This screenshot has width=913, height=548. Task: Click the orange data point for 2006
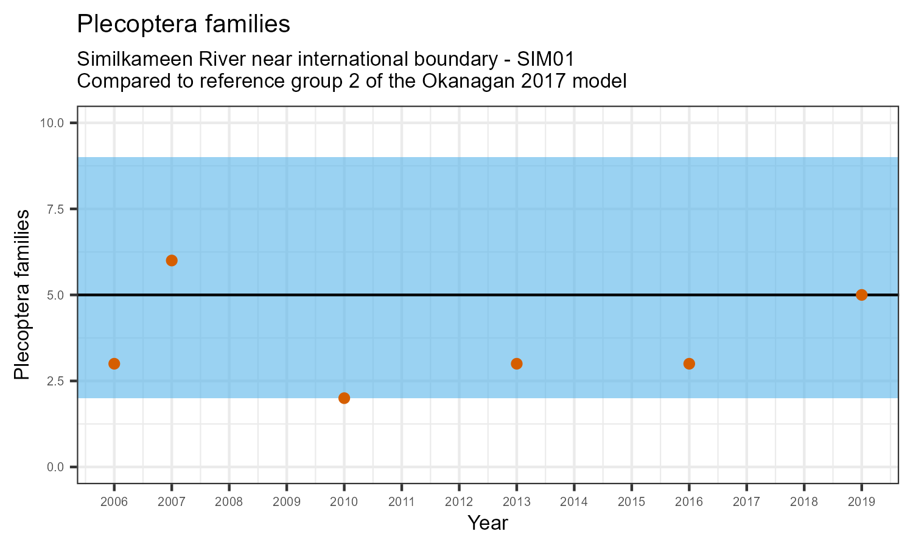click(x=114, y=364)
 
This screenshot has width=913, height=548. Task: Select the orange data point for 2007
click(x=172, y=261)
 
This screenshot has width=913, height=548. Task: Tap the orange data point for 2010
click(x=344, y=398)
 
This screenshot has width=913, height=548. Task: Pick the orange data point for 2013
click(x=517, y=364)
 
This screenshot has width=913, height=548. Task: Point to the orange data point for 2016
click(x=689, y=364)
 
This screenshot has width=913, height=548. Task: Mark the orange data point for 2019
click(x=861, y=295)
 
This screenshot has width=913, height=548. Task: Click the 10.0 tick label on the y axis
click(x=52, y=123)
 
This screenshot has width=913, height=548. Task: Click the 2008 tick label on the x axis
click(x=229, y=502)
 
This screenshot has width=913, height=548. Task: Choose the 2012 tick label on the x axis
click(x=459, y=502)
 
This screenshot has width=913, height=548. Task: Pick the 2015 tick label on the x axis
click(x=631, y=502)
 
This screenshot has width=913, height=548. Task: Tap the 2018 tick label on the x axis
click(x=804, y=502)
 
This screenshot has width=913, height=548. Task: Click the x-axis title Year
click(x=488, y=523)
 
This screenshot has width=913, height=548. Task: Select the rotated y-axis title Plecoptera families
click(x=22, y=295)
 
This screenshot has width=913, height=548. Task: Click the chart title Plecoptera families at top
click(x=183, y=24)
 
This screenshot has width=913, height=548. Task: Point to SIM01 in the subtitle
click(x=545, y=60)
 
